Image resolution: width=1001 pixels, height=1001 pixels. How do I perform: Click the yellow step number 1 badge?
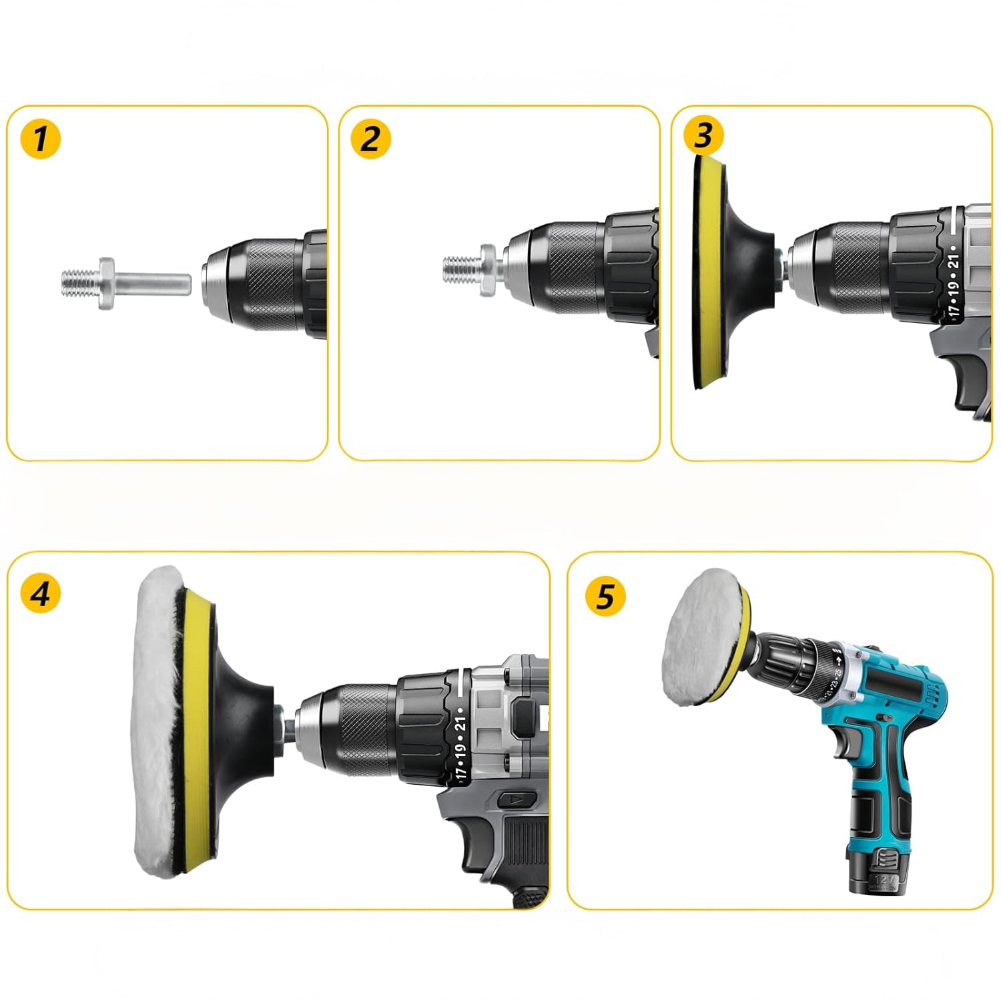tap(41, 139)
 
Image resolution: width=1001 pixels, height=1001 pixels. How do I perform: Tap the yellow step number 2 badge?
tap(371, 139)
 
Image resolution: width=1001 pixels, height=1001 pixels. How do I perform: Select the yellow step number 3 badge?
tap(703, 135)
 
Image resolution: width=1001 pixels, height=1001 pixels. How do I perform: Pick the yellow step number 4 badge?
tap(41, 593)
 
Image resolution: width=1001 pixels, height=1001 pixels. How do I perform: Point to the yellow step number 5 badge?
tap(605, 596)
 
